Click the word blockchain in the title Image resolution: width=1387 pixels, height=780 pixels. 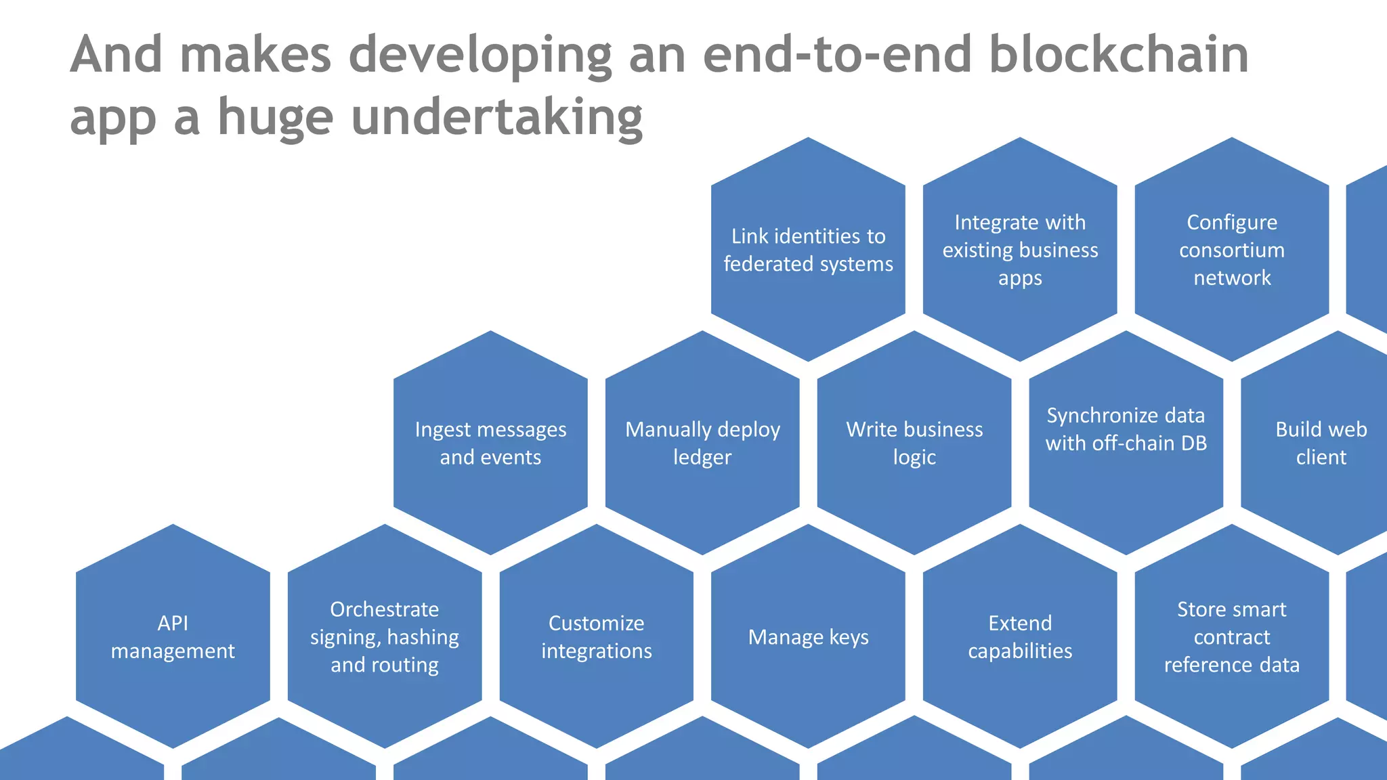pos(1118,54)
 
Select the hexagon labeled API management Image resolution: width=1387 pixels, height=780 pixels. pos(173,636)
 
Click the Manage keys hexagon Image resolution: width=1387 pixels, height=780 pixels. pos(808,637)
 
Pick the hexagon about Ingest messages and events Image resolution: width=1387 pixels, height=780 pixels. pos(490,443)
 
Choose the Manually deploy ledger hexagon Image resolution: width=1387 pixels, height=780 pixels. pos(702,443)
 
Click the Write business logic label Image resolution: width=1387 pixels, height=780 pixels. pos(914,443)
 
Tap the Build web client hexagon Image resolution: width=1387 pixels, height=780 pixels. pos(1321,443)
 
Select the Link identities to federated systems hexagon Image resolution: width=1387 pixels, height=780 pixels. pos(808,249)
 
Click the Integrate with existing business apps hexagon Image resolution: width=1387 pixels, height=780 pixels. pos(1020,249)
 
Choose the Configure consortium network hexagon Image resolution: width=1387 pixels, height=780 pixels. pos(1232,249)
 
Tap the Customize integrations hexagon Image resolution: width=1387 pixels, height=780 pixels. pos(596,637)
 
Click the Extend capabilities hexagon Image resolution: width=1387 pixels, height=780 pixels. pos(1020,637)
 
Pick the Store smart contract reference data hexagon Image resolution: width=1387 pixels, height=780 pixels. pos(1232,637)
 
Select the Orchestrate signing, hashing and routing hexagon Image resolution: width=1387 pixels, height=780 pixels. pos(384,637)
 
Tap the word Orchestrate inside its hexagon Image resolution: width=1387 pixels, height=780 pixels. pos(384,609)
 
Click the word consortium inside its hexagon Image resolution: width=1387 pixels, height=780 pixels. pos(1232,250)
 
